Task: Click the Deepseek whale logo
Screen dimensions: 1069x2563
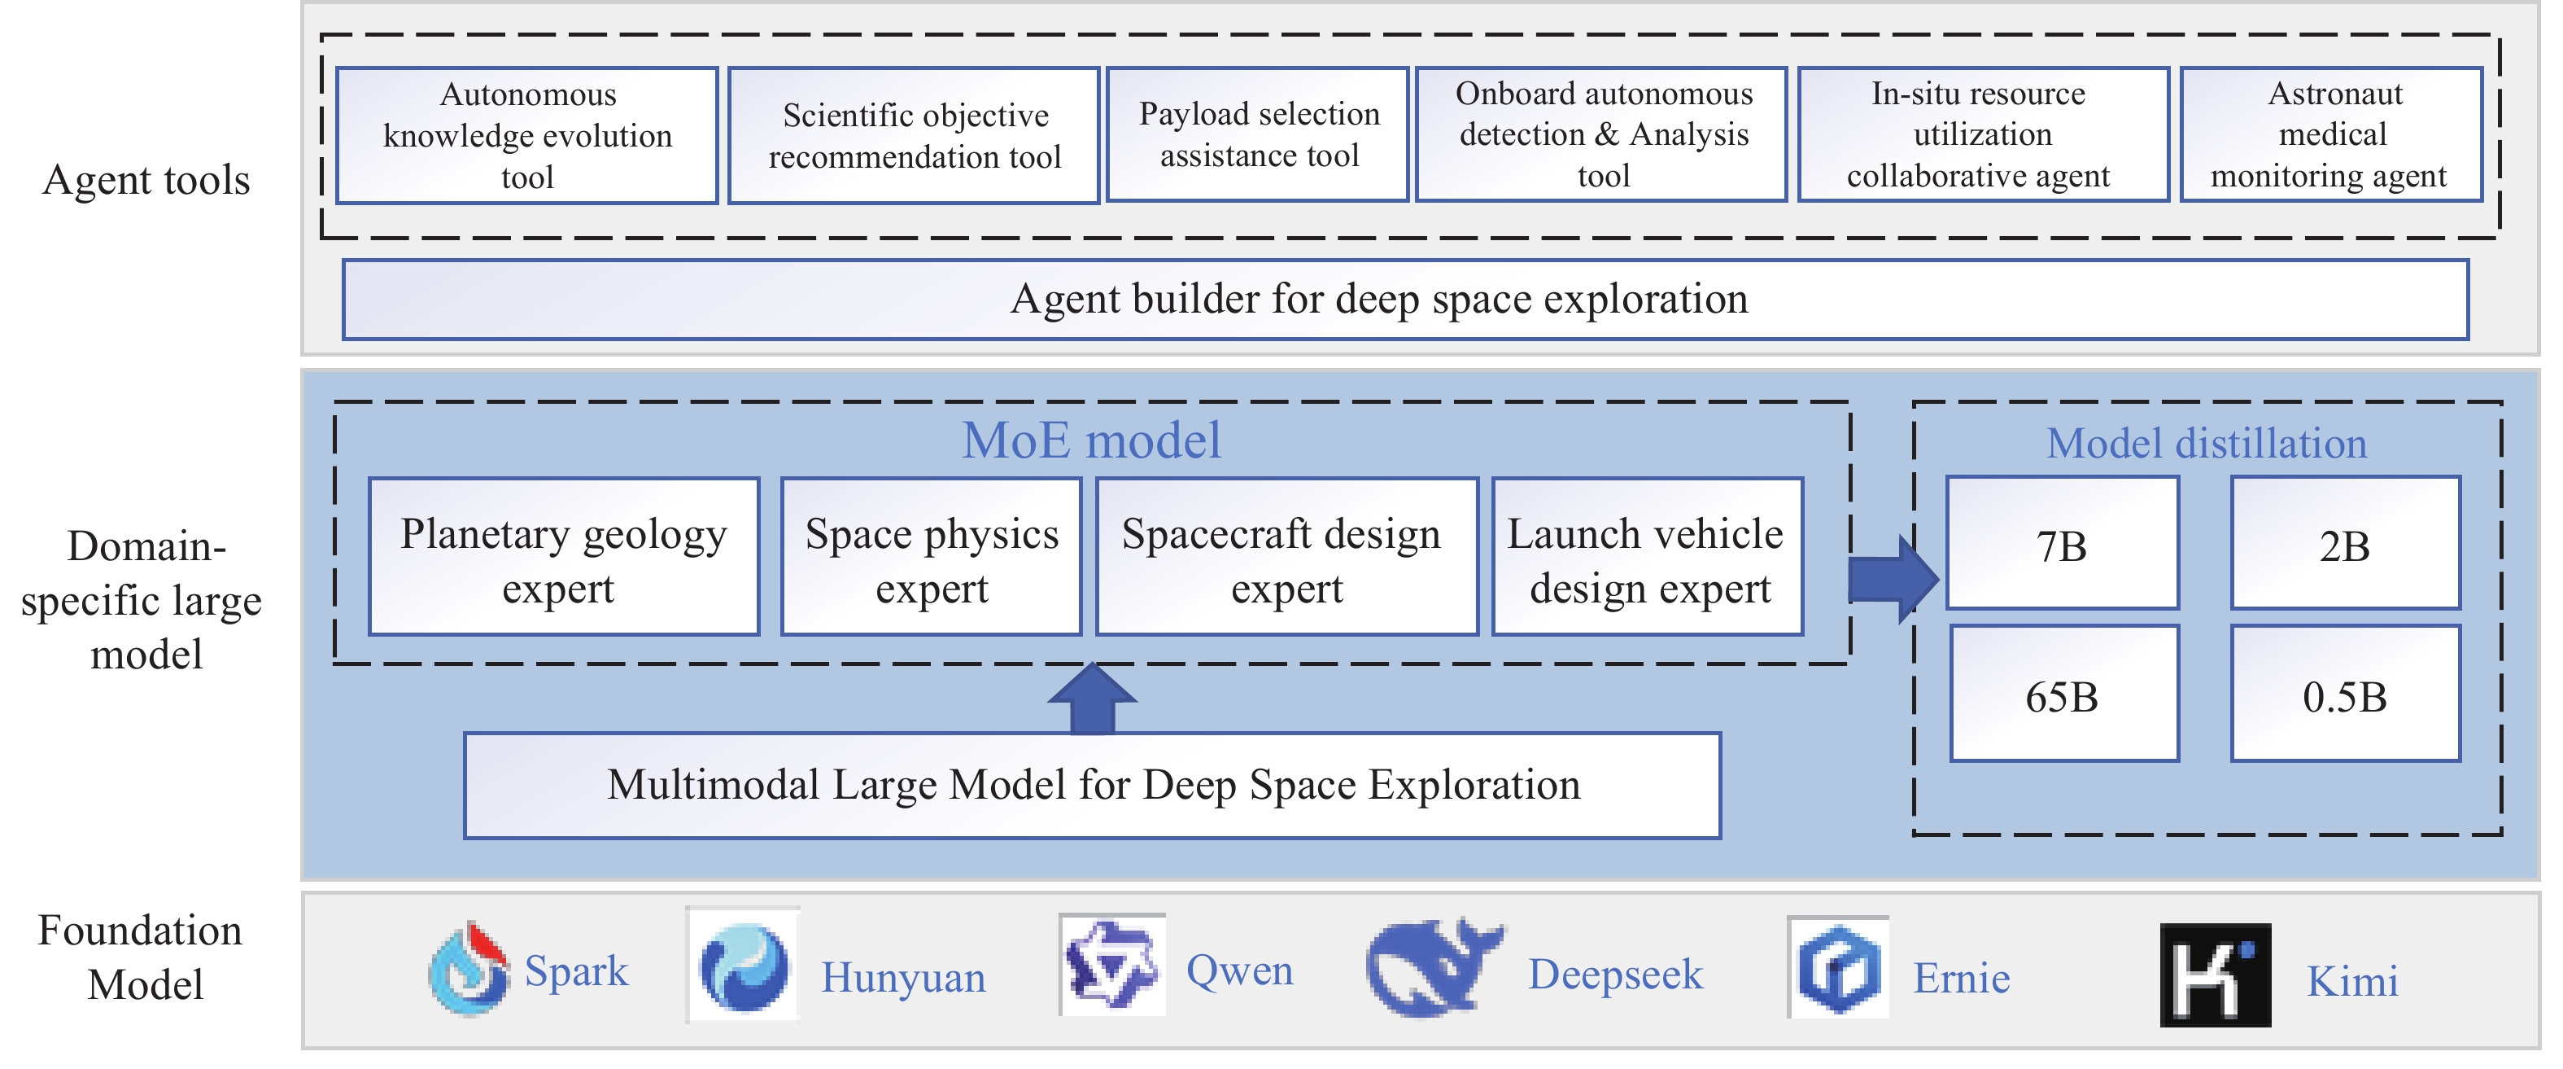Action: [x=1433, y=967]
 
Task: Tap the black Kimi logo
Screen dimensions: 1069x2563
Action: [x=2215, y=975]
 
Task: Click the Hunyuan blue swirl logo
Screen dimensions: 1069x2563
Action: [x=743, y=966]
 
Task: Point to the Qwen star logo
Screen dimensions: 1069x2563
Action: [x=1111, y=965]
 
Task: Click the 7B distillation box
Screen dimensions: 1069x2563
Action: [x=2062, y=544]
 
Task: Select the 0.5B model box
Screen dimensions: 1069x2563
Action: [x=2344, y=694]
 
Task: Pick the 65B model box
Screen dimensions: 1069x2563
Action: [x=2063, y=694]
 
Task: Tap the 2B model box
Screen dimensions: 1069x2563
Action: [x=2344, y=544]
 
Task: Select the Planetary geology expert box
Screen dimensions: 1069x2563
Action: [x=563, y=558]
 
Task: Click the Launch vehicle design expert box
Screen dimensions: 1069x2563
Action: [x=1648, y=558]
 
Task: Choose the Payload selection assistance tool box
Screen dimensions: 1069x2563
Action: [x=1258, y=134]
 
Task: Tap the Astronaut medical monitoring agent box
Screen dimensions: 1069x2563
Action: [x=2330, y=134]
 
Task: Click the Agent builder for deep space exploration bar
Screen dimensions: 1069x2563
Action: [x=1405, y=300]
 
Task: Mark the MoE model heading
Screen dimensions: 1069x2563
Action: [x=1091, y=440]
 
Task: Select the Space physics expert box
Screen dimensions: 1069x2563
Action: [x=932, y=558]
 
